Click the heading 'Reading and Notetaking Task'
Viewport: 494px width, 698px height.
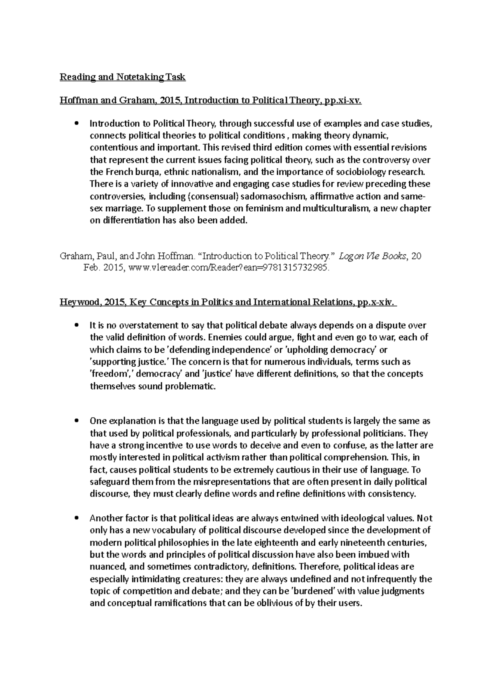(123, 77)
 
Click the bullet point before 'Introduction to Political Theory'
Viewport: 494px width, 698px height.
(75, 124)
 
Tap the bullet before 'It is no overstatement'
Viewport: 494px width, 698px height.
(75, 326)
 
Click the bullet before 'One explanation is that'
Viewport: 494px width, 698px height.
(75, 421)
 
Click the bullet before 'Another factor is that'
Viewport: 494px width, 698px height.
(75, 518)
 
